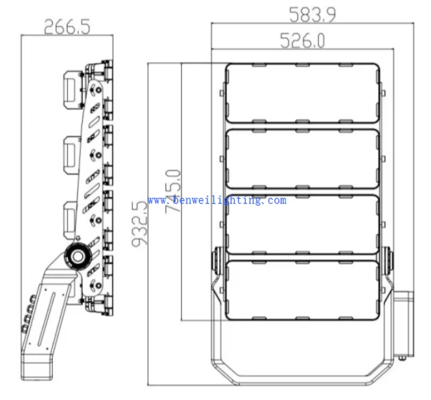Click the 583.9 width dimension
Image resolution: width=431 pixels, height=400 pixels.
coord(311,13)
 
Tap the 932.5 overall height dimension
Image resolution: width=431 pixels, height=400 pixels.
coord(140,224)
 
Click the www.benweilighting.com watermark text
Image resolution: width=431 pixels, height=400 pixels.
coord(217,201)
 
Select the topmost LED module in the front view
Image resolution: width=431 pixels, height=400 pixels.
coord(302,94)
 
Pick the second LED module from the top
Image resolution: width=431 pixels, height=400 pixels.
coord(302,159)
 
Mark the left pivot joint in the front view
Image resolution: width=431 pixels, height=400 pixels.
coord(218,260)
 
